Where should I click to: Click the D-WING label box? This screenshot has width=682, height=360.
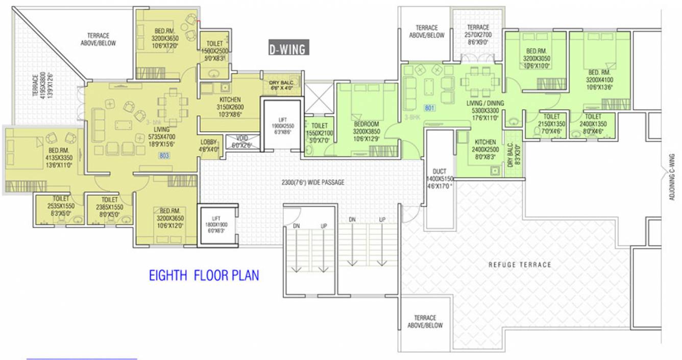click(x=287, y=49)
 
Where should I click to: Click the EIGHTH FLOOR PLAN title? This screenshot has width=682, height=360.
click(x=204, y=276)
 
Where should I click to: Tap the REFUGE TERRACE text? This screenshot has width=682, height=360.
click(x=520, y=265)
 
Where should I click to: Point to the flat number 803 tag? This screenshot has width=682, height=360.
click(x=164, y=155)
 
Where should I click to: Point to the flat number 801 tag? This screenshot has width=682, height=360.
click(x=429, y=108)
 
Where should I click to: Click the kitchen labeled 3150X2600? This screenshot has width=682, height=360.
click(x=230, y=107)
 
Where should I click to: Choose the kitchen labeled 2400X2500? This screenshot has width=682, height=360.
click(x=485, y=149)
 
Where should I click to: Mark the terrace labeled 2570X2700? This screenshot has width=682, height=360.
click(x=477, y=35)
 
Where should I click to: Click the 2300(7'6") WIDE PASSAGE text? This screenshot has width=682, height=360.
click(x=312, y=182)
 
